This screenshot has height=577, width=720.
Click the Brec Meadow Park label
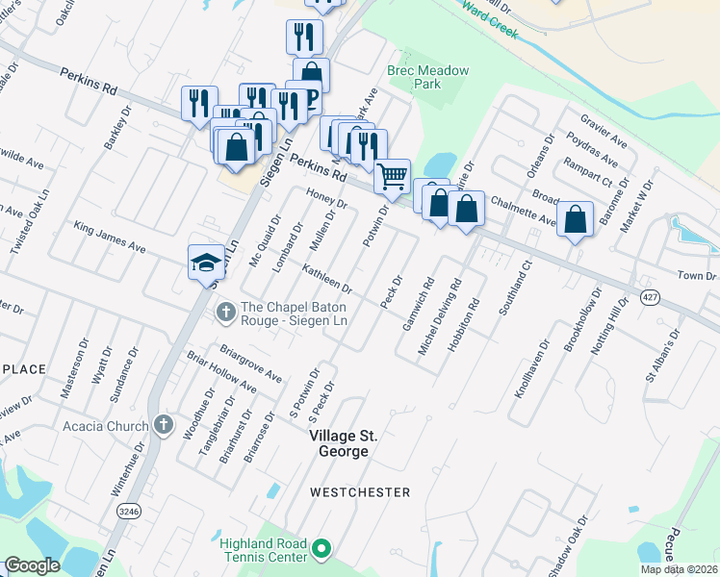tap(414, 77)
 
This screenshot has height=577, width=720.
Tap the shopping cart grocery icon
tap(392, 176)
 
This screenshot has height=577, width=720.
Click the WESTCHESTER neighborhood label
tap(359, 492)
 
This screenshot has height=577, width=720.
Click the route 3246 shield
tap(127, 512)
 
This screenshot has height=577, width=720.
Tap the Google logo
tap(32, 565)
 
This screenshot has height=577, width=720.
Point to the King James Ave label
tap(109, 238)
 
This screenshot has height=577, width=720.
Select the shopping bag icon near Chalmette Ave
tap(575, 219)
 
